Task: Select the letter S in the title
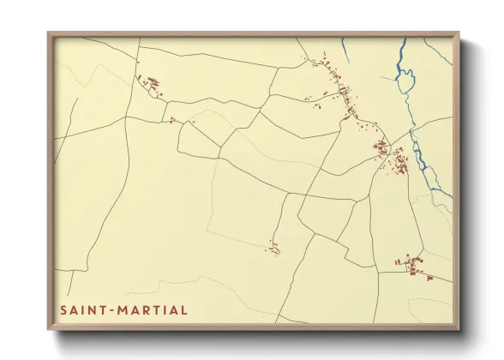point(62,309)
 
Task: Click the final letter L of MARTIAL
point(184,309)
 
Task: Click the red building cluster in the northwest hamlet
point(152,84)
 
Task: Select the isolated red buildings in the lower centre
point(273,248)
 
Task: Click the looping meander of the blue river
point(405,82)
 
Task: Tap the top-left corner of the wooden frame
point(49,34)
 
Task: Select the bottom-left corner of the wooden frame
point(49,329)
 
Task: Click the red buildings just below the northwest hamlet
point(174,120)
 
